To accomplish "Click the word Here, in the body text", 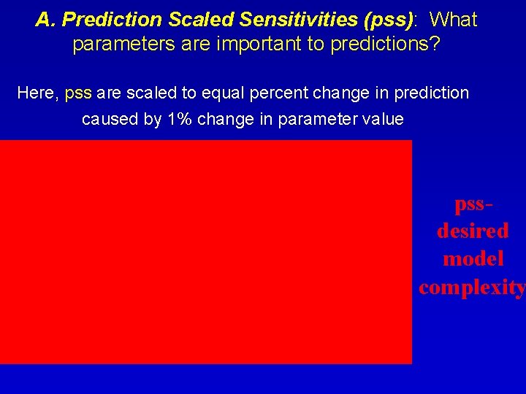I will click(38, 93).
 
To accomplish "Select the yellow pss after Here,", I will click(78, 93).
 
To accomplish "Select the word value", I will click(382, 119).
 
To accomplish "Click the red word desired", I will click(473, 231).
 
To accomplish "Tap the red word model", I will click(473, 259).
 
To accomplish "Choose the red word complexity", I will click(472, 287).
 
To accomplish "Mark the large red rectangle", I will click(206, 252).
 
